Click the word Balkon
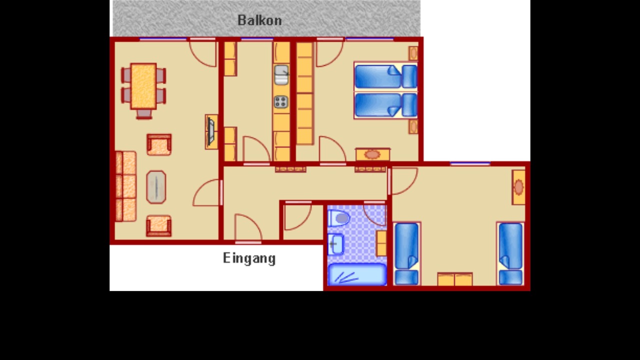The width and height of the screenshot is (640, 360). coord(259,20)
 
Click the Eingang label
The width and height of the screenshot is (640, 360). coord(249,258)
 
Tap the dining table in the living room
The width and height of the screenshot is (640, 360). coord(143,86)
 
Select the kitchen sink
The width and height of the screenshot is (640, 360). coord(281,75)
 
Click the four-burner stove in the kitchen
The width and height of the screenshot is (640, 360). coord(281,102)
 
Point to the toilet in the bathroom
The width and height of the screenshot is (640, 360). coord(338,218)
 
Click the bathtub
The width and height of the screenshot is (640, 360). coord(357,274)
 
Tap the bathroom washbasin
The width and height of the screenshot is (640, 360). coord(335,244)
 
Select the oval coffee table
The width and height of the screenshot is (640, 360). coord(156,187)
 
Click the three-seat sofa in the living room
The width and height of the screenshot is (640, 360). coord(125,186)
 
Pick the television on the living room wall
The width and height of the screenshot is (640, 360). coord(211,132)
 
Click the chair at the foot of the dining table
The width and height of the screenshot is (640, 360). coord(143,114)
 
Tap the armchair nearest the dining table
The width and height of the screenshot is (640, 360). coord(159,144)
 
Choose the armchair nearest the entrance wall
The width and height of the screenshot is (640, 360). coord(159,226)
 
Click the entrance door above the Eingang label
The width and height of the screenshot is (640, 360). coord(248,242)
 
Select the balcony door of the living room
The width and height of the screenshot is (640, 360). coord(202,39)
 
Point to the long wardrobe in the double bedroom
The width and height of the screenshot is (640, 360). coord(304,93)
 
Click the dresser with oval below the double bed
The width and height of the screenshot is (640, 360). coord(373,154)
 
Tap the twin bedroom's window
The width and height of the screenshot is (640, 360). coord(470,163)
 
